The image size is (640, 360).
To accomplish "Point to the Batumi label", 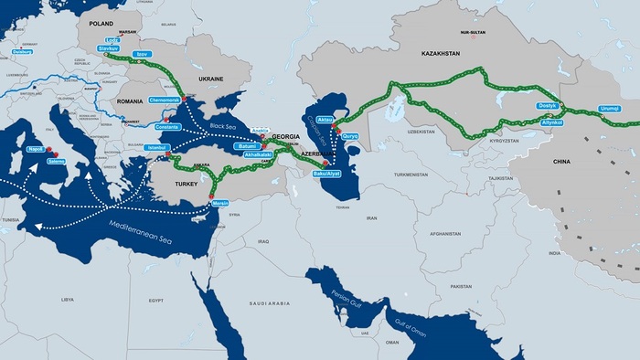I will [x=248, y=145].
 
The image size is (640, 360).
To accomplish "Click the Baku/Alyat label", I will [x=326, y=173].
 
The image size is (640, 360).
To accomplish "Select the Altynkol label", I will [x=551, y=122].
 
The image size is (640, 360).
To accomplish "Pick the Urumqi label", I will [x=610, y=109].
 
